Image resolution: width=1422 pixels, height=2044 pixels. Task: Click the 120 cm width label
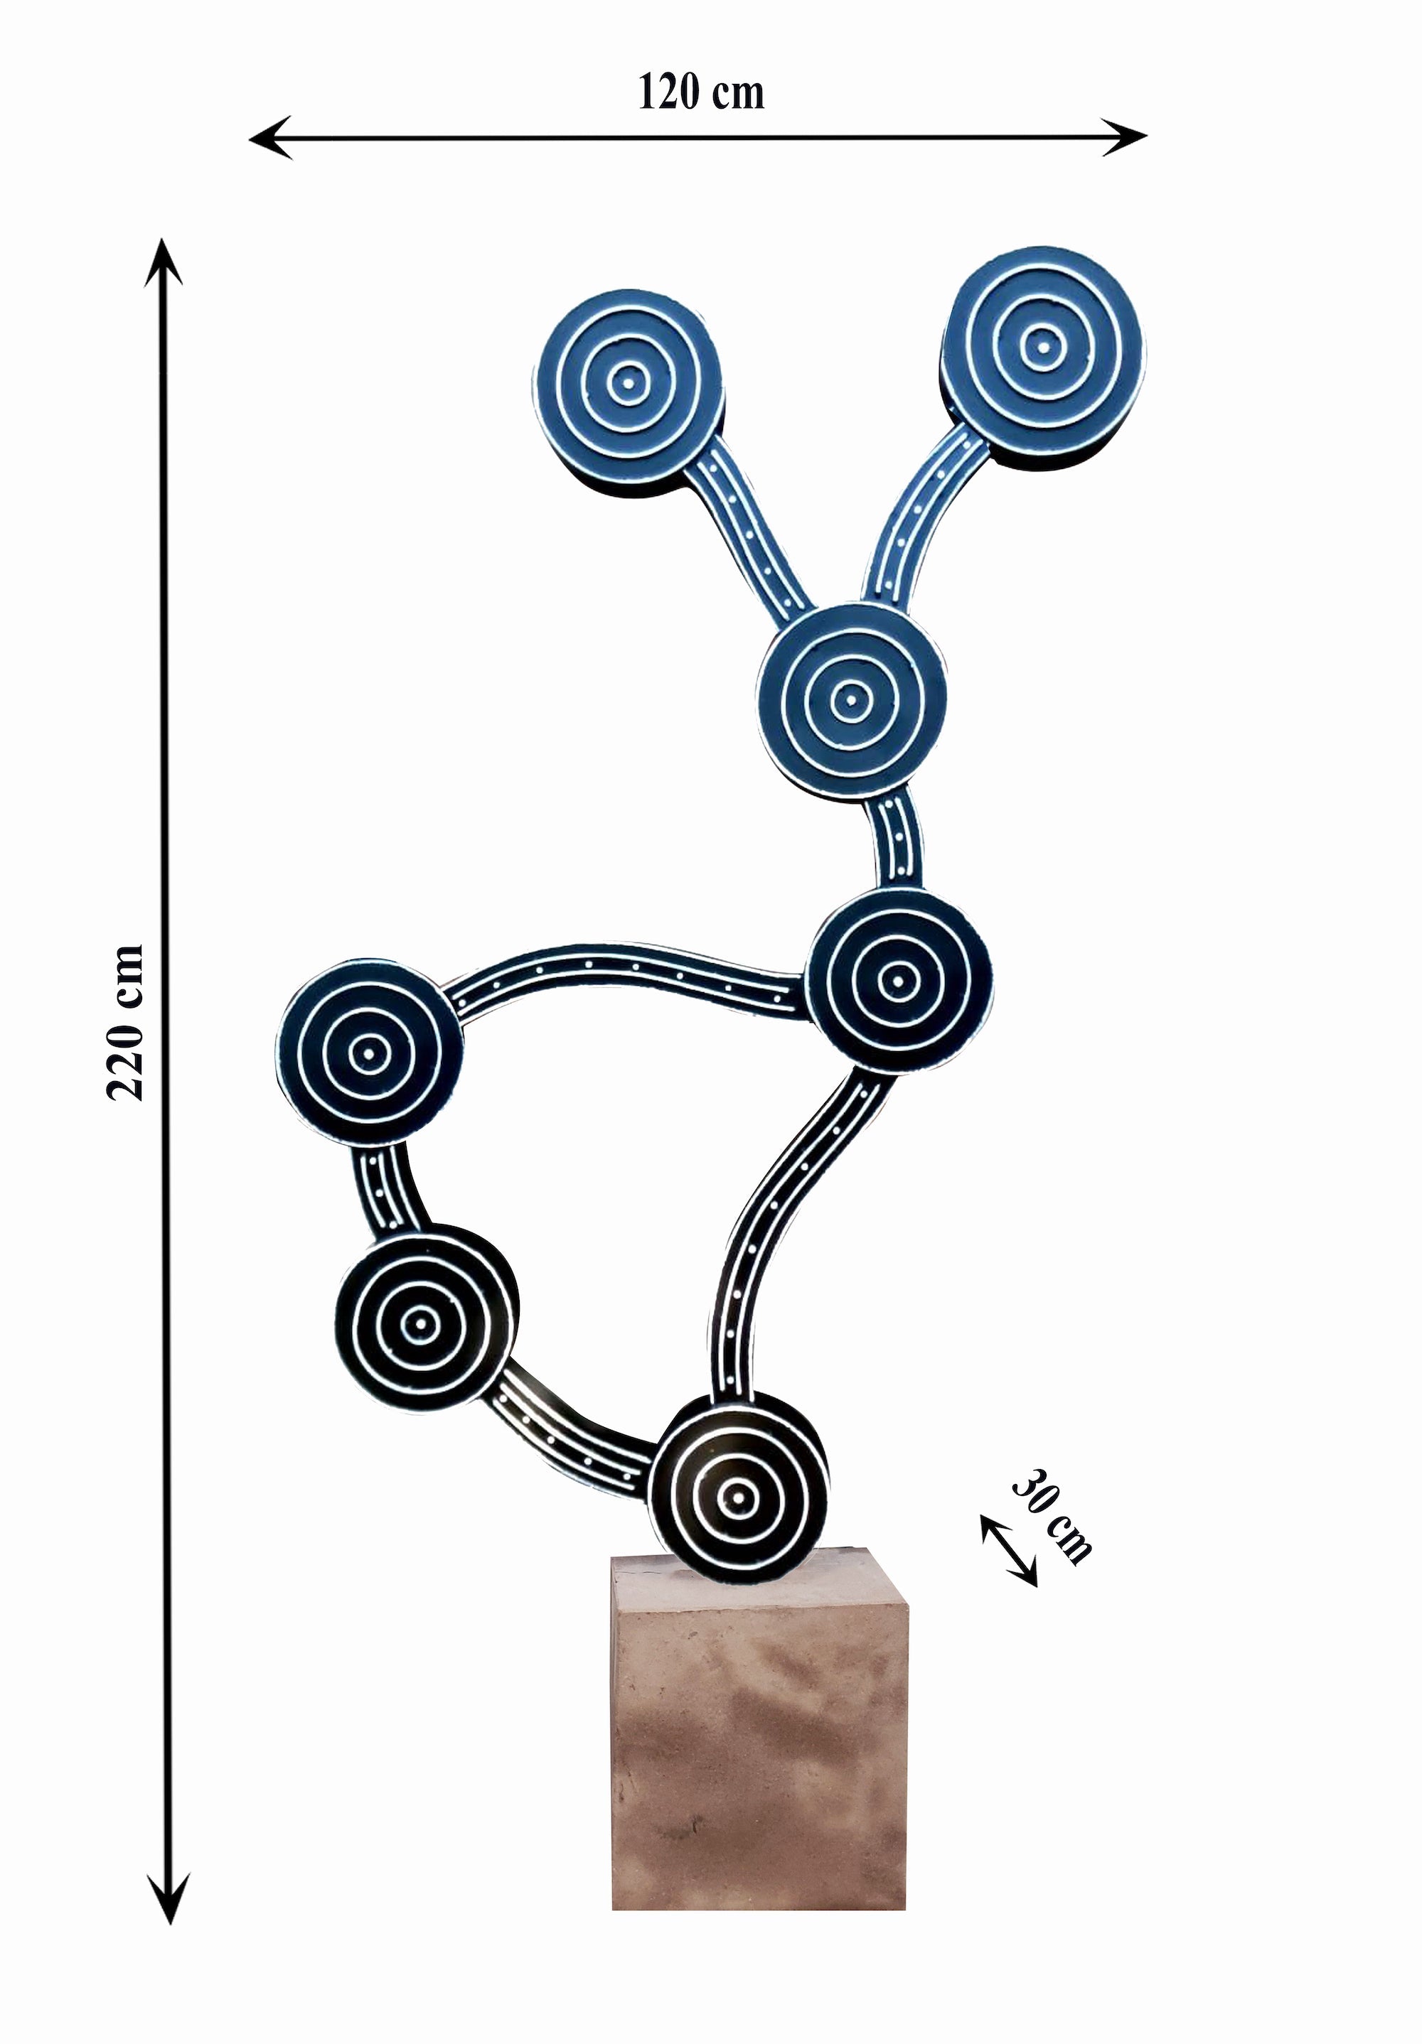tap(701, 92)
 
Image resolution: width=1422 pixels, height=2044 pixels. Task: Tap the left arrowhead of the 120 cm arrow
tap(269, 137)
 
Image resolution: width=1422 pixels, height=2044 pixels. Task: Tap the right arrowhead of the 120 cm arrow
tap(1126, 137)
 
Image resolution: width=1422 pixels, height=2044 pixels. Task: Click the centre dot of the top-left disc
tap(627, 384)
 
